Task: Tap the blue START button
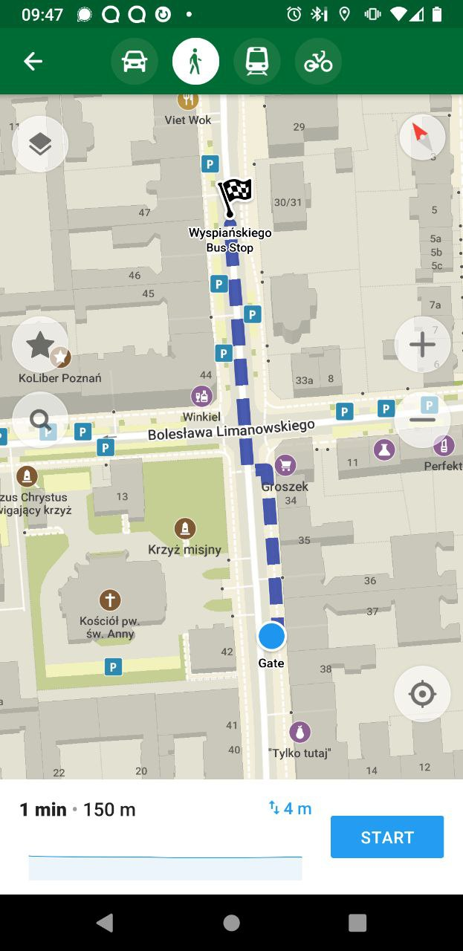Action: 386,837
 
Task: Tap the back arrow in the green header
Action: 33,62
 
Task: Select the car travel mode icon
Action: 135,62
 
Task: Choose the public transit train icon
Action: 257,62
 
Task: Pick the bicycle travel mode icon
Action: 318,62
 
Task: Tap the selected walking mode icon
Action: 195,62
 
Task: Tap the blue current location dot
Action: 271,636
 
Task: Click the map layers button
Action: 40,144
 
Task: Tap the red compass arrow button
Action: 421,137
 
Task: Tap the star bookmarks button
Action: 40,345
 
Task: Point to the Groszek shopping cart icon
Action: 285,466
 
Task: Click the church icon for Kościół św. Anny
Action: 110,600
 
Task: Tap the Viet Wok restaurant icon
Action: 188,100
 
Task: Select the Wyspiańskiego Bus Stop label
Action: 230,240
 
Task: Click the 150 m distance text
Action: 109,810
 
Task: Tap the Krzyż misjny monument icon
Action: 184,529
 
